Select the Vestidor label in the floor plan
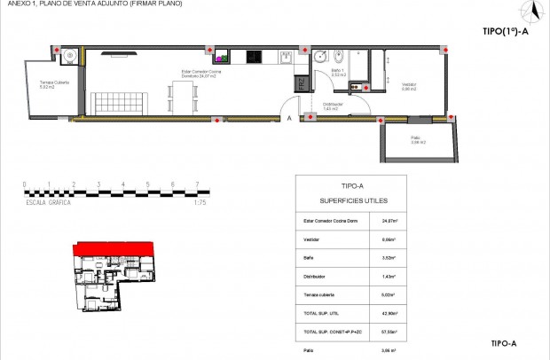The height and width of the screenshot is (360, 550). pyautogui.click(x=409, y=86)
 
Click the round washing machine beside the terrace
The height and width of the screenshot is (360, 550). pyautogui.click(x=70, y=58)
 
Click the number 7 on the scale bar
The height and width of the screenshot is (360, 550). pyautogui.click(x=196, y=184)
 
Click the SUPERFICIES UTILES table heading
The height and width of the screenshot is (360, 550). pyautogui.click(x=351, y=201)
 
